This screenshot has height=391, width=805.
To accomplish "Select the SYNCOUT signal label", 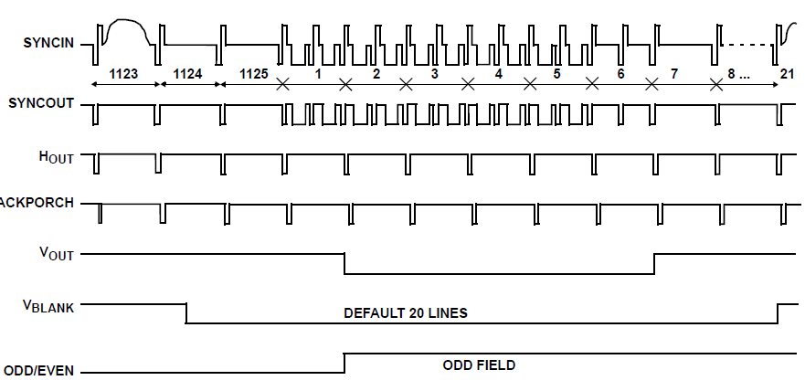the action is (x=42, y=102).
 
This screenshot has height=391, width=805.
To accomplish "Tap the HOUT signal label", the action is (x=56, y=157).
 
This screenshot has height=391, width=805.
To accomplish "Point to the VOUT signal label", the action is (x=56, y=255).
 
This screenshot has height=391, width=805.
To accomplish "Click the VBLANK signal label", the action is (x=48, y=307).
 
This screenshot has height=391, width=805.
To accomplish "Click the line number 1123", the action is (x=125, y=73).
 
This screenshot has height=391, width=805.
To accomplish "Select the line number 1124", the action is (x=187, y=73).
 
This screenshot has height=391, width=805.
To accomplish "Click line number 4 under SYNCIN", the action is (x=498, y=73).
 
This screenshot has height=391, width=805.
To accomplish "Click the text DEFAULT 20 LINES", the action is (x=406, y=313).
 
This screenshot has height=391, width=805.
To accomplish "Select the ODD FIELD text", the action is (x=479, y=365).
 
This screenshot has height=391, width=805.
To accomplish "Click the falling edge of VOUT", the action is (x=344, y=263).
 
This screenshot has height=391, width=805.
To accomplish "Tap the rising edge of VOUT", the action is (x=654, y=263).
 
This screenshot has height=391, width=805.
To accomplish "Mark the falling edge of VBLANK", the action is (x=186, y=312).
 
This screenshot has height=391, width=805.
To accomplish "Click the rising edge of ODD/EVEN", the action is (x=344, y=363).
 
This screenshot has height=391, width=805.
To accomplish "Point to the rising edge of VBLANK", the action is (x=778, y=312).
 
